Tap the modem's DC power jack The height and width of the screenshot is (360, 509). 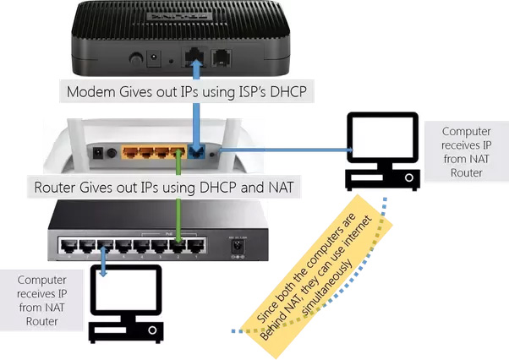(x=155, y=60)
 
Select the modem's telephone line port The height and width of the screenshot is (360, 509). (x=222, y=60)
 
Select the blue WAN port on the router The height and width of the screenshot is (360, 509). (x=198, y=154)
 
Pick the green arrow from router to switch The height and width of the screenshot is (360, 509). (x=178, y=211)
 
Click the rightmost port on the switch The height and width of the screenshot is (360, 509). (x=197, y=248)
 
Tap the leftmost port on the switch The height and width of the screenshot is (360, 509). (x=66, y=248)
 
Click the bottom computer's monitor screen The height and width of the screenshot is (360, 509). (x=126, y=291)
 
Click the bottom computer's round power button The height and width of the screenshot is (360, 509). (x=152, y=330)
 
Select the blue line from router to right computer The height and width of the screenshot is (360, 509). (x=279, y=151)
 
